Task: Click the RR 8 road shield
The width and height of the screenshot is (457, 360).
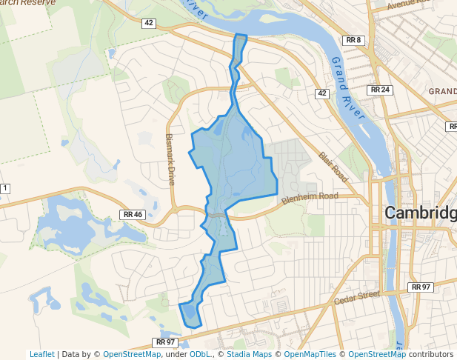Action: click(x=353, y=40)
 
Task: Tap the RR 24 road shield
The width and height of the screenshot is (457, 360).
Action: click(x=379, y=90)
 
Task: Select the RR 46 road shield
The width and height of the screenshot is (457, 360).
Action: click(x=133, y=214)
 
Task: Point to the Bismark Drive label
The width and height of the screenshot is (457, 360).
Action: click(x=170, y=159)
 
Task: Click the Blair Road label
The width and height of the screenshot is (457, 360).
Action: click(x=333, y=166)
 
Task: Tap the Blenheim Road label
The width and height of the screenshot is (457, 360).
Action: click(x=309, y=197)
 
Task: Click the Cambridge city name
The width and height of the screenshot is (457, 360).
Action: click(x=420, y=213)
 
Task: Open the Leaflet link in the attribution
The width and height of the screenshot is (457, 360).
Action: click(x=42, y=354)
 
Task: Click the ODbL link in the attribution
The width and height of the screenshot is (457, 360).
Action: click(x=200, y=354)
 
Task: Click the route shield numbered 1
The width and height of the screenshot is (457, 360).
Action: click(x=4, y=188)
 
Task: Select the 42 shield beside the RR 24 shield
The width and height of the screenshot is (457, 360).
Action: click(x=321, y=93)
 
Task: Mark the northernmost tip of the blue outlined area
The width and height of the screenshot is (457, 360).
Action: click(x=239, y=35)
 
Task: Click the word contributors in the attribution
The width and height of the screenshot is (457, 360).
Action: click(x=430, y=354)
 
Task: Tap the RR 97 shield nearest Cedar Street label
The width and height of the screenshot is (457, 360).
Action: click(x=420, y=287)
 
